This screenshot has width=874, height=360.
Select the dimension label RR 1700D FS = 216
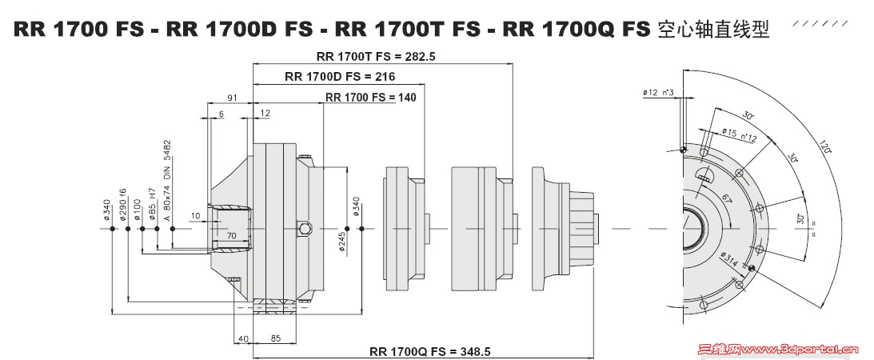pos(340,77)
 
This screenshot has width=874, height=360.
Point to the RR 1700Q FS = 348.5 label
pos(429,351)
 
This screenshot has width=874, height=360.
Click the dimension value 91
pos(233,97)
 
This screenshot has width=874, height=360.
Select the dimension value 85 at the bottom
pos(275,338)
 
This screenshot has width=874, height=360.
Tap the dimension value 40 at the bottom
pos(243,338)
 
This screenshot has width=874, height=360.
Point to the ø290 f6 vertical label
pos(123,204)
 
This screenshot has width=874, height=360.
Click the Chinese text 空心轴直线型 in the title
pos(712,30)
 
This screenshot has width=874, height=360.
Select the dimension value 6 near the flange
pos(221,114)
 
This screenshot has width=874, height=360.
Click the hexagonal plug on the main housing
pos(305,230)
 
